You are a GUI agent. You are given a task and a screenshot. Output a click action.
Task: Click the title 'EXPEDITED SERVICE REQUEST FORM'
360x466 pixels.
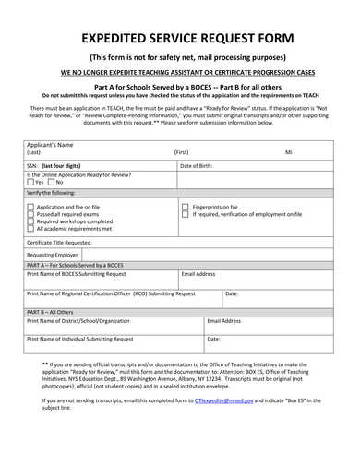pos(180,38)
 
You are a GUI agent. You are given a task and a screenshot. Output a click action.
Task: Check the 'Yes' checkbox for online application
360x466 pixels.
pos(30,183)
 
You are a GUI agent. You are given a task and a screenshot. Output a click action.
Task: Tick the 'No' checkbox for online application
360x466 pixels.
pos(51,183)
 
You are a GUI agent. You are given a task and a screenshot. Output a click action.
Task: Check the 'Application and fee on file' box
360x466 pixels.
pos(30,208)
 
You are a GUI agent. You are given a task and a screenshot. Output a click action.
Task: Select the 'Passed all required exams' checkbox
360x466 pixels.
pos(30,215)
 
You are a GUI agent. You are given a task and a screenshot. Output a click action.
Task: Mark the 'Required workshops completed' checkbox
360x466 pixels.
pos(30,221)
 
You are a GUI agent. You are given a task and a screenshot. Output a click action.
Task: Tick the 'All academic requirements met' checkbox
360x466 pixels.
pos(30,228)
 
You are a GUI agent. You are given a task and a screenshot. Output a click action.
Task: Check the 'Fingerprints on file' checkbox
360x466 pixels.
pos(185,208)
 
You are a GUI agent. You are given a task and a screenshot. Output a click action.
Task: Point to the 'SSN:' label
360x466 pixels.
pos(33,165)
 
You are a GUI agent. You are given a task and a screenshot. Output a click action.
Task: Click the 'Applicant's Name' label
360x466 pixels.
pos(50,146)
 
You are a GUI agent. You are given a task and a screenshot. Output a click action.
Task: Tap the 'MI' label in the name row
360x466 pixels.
pos(288,151)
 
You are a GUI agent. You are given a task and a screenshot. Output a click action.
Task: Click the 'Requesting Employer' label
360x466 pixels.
pos(54,254)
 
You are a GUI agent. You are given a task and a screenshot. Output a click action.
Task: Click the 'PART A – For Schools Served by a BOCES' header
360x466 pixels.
pos(83,265)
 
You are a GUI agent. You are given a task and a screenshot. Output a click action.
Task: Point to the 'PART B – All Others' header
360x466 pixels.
pos(54,312)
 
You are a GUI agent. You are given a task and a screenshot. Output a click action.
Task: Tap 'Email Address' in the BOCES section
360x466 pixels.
pos(198,274)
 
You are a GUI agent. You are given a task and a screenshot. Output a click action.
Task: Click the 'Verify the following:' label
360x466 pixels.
pos(53,193)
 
